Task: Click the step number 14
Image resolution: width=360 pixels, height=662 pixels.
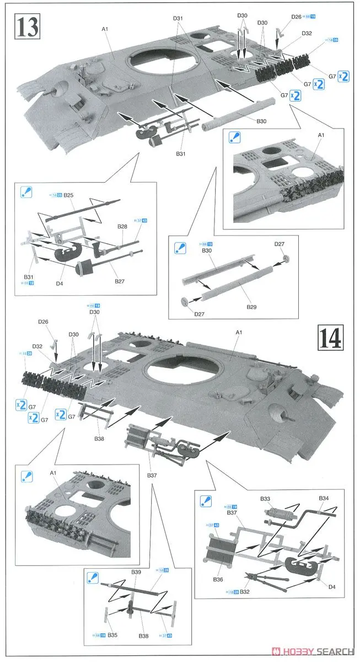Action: click(x=331, y=336)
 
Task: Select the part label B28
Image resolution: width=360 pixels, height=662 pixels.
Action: click(x=122, y=227)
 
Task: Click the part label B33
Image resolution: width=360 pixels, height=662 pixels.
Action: click(x=266, y=499)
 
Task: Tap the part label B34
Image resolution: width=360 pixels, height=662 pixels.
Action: click(x=324, y=498)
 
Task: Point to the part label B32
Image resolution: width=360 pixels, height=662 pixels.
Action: click(x=245, y=592)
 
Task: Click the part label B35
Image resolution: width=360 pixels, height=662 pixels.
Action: click(x=112, y=635)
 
